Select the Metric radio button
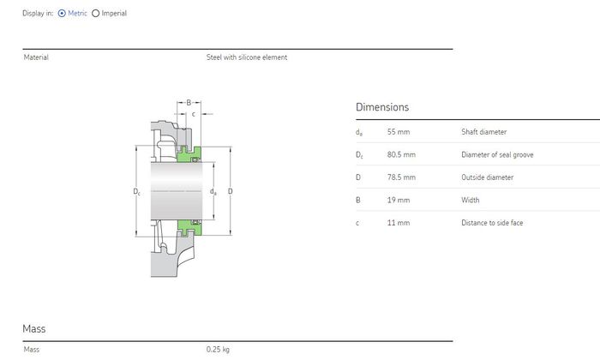(62, 14)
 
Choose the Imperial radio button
(96, 14)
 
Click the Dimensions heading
(382, 107)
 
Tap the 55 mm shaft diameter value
(399, 132)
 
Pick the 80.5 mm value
(401, 154)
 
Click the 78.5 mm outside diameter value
(401, 177)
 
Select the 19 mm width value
(399, 200)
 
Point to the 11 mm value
(399, 223)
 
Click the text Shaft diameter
(484, 132)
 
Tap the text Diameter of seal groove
(497, 154)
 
